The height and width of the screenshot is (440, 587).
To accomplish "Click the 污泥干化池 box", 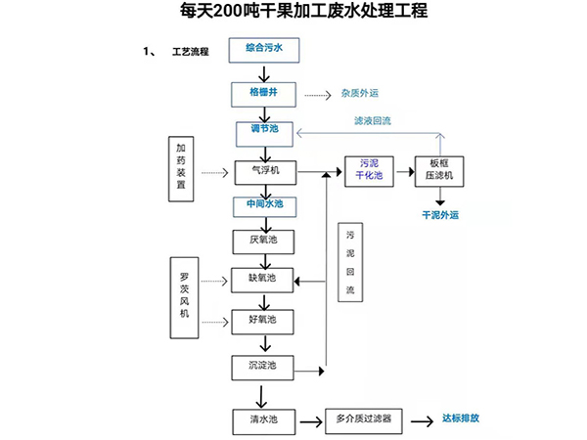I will (x=369, y=171).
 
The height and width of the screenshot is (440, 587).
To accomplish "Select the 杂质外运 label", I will (x=359, y=94).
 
